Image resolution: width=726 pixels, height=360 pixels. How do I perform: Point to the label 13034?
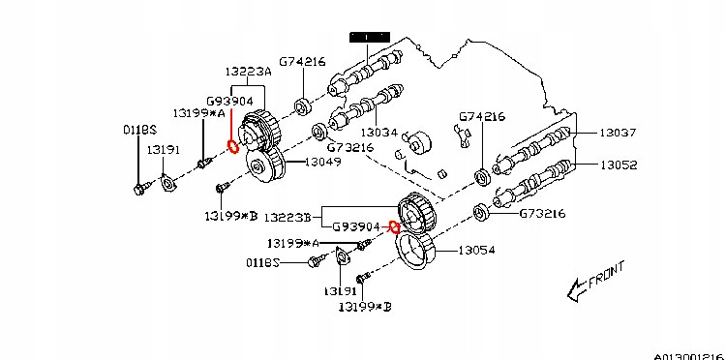pyautogui.click(x=379, y=131)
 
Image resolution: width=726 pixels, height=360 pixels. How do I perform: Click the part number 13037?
pyautogui.click(x=617, y=133)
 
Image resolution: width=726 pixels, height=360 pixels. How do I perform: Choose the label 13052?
pyautogui.click(x=617, y=165)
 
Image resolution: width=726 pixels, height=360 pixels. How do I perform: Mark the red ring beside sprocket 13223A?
pyautogui.click(x=233, y=148)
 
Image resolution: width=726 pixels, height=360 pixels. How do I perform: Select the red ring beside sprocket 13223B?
pyautogui.click(x=394, y=227)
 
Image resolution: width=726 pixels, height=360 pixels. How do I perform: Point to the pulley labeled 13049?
pyautogui.click(x=264, y=166)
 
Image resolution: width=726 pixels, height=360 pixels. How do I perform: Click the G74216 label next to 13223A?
pyautogui.click(x=302, y=62)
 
